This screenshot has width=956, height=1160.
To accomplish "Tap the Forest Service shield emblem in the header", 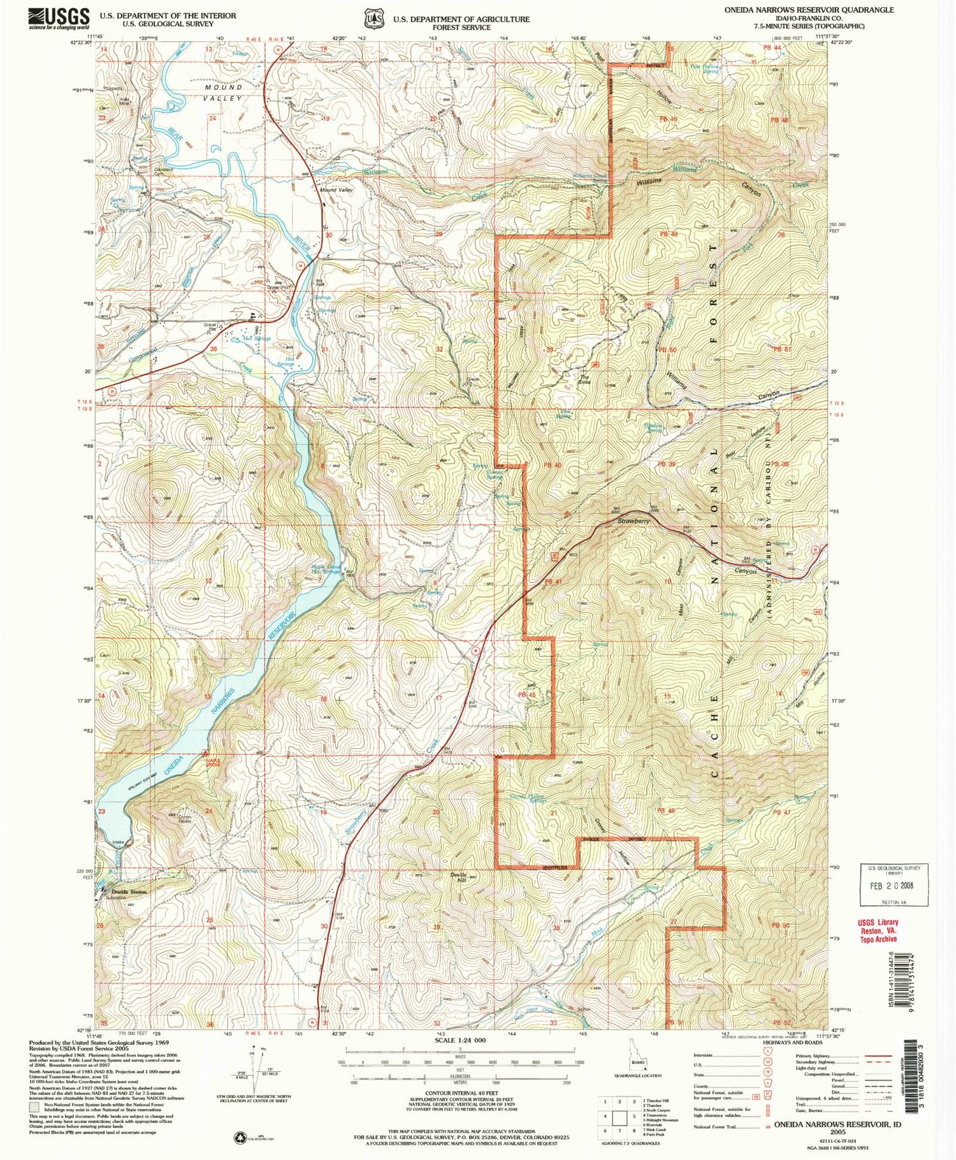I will point(372,18).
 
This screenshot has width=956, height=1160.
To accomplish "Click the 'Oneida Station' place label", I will point(129,892).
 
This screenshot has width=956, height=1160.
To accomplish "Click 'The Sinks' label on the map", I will point(584,379).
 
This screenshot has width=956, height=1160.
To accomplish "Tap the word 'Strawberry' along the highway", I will point(634,522).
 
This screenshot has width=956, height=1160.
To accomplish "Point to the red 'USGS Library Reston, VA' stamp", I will point(879,930).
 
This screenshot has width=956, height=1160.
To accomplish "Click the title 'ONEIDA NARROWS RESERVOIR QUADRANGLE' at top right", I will point(809,10).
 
